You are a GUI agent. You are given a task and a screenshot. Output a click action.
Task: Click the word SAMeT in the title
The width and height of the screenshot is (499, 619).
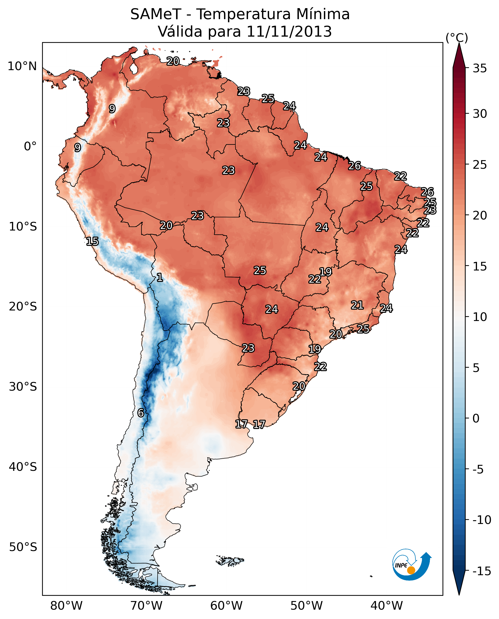(x=155, y=14)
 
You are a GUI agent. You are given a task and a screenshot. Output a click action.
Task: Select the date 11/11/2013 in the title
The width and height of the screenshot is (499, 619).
(x=289, y=32)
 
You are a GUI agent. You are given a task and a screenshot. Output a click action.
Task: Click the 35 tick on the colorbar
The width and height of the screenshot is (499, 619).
(x=480, y=68)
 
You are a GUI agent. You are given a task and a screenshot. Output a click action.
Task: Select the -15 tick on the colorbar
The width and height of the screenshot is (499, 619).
(x=482, y=571)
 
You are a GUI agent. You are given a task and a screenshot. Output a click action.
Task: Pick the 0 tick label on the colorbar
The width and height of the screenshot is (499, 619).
(x=476, y=418)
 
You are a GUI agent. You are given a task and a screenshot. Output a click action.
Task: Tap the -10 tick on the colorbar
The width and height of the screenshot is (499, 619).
(x=482, y=520)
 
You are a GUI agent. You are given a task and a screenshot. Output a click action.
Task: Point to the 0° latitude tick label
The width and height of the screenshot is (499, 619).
(x=30, y=146)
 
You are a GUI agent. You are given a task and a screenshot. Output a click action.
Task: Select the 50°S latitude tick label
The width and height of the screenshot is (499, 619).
(x=23, y=547)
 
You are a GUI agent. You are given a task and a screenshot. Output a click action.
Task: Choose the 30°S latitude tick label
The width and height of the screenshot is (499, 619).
(x=23, y=387)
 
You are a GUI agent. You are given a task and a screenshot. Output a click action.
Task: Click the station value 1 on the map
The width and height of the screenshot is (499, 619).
(x=160, y=278)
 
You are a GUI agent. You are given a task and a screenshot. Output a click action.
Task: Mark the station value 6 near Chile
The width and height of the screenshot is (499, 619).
(x=141, y=413)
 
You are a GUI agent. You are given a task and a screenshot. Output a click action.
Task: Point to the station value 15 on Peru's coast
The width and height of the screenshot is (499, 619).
(x=92, y=241)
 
